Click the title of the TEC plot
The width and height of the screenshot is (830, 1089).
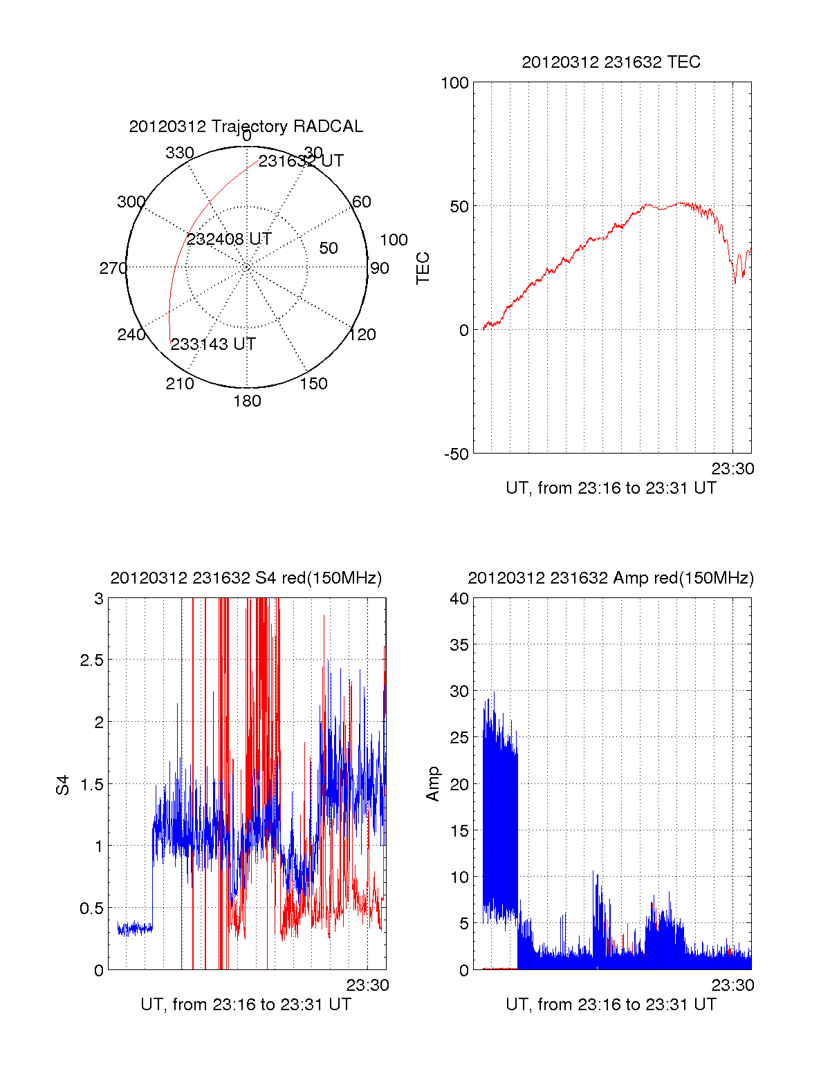(x=611, y=62)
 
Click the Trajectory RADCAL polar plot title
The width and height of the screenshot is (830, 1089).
(x=246, y=127)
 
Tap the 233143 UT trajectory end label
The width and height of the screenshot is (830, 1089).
(x=213, y=344)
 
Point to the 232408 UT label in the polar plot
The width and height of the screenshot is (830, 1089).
(x=229, y=239)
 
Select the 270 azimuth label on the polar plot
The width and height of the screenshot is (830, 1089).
(x=113, y=268)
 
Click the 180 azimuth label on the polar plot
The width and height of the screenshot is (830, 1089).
(x=247, y=401)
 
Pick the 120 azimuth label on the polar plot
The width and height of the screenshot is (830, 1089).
(x=362, y=335)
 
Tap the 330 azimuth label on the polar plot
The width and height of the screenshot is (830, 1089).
(x=180, y=153)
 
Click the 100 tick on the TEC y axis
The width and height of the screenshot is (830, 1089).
(x=454, y=83)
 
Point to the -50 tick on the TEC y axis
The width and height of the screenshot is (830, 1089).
(x=456, y=454)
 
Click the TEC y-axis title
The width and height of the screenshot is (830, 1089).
(x=423, y=268)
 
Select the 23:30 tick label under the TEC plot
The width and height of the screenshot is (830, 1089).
(x=732, y=469)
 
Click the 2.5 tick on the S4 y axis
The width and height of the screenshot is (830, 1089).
(x=91, y=660)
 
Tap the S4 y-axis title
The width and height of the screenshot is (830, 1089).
(x=63, y=785)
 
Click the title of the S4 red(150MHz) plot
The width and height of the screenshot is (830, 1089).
(x=246, y=578)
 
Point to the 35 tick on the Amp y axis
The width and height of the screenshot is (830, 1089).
(x=459, y=645)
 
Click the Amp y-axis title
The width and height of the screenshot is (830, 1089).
(x=433, y=784)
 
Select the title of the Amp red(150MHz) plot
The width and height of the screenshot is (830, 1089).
(x=611, y=578)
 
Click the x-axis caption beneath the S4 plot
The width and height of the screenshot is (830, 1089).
(x=246, y=1005)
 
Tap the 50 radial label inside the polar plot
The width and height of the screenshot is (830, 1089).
(x=329, y=248)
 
